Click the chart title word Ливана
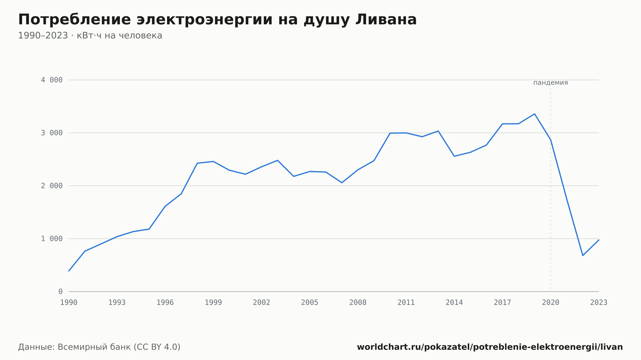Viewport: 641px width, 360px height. tap(386, 20)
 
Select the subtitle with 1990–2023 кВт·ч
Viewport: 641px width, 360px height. tap(90, 36)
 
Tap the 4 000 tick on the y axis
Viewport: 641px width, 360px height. tap(52, 80)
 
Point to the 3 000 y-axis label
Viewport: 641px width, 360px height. tap(52, 133)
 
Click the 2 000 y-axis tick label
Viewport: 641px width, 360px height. tap(52, 186)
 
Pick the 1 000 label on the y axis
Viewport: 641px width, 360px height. tap(52, 239)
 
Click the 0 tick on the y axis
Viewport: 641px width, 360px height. tap(61, 292)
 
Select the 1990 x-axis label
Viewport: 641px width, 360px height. tap(69, 303)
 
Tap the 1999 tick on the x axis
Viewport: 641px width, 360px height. tap(213, 303)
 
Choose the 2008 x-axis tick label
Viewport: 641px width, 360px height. tap(358, 303)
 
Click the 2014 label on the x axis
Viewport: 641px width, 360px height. tap(454, 303)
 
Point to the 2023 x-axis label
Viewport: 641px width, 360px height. tap(599, 303)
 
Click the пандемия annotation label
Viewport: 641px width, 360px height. tap(551, 83)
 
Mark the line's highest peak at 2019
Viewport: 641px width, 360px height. tap(535, 114)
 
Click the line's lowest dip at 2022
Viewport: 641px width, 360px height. tap(583, 256)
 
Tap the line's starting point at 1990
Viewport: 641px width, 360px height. tap(69, 271)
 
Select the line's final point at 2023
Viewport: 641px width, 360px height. tap(599, 240)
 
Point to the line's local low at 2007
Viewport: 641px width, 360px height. tap(342, 183)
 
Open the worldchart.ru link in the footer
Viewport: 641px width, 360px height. tap(490, 347)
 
